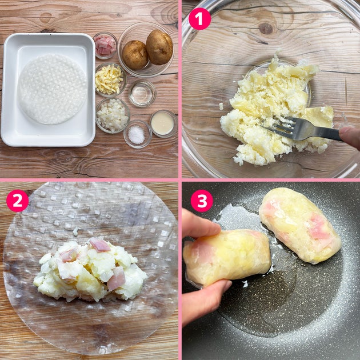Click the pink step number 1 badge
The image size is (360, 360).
pyautogui.click(x=199, y=19)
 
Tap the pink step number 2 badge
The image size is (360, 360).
pyautogui.click(x=18, y=201)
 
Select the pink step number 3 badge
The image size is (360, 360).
pyautogui.click(x=202, y=201)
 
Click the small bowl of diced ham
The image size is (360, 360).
pyautogui.click(x=105, y=46)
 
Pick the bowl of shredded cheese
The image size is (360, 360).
pyautogui.click(x=111, y=79)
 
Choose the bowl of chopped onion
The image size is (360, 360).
pyautogui.click(x=113, y=115)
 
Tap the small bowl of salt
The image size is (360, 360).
pyautogui.click(x=137, y=134)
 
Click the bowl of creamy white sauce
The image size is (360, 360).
pyautogui.click(x=163, y=123)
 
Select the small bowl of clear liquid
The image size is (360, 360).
pyautogui.click(x=142, y=94)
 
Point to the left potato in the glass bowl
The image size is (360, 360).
pyautogui.click(x=135, y=55)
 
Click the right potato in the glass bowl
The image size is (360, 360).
pyautogui.click(x=159, y=47)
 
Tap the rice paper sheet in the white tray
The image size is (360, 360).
pyautogui.click(x=53, y=89)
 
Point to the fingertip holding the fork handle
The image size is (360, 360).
pyautogui.click(x=350, y=137)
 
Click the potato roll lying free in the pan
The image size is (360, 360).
pyautogui.click(x=300, y=225)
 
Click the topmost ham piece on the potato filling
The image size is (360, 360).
pyautogui.click(x=99, y=245)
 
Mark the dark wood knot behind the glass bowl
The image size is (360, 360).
pyautogui.click(x=266, y=29)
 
